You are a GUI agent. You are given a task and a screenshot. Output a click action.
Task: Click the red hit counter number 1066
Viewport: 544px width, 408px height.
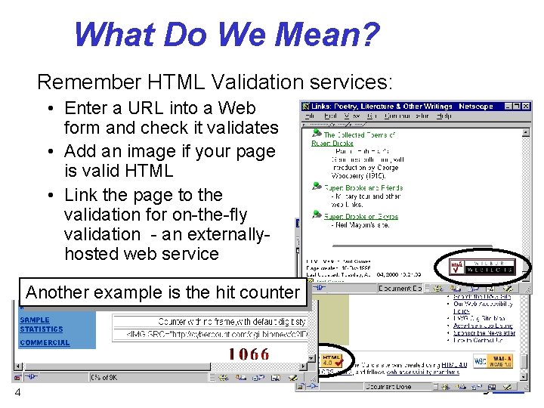click(249, 354)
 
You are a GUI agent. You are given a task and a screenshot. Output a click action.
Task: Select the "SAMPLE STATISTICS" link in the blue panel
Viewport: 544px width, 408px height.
click(42, 325)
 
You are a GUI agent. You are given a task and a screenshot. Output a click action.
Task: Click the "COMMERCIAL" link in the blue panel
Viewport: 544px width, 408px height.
click(45, 343)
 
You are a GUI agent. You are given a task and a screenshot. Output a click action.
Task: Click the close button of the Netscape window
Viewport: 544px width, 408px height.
click(527, 106)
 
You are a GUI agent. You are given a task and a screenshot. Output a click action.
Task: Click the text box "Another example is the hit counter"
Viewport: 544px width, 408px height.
click(162, 292)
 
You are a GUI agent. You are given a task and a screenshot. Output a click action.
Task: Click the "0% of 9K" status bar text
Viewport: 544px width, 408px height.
click(110, 376)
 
